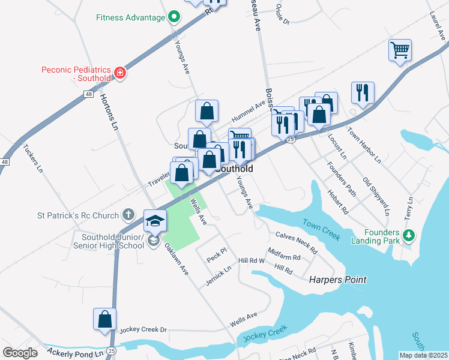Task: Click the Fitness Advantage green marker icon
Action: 174,17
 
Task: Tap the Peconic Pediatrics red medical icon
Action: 121,73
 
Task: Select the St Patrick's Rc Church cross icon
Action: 128,214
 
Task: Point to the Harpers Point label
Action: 337,280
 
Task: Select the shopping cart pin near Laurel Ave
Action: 400,50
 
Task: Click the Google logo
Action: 20,353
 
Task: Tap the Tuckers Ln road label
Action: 33,158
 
